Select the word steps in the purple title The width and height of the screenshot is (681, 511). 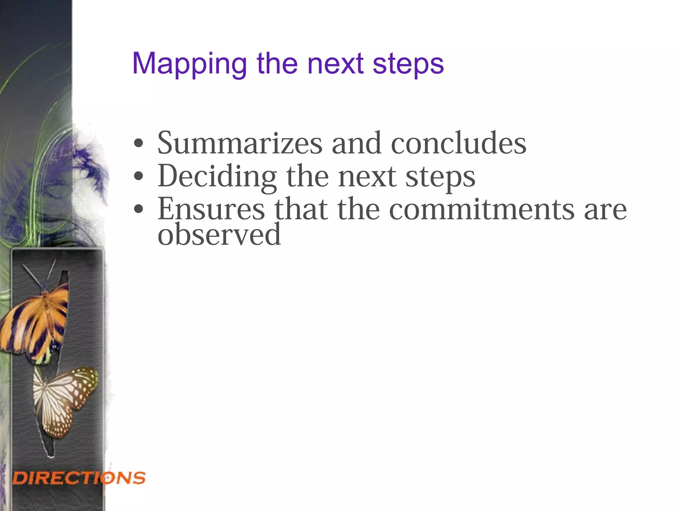pos(408,64)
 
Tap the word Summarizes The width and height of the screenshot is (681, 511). pos(240,143)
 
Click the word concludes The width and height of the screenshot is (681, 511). pos(459,143)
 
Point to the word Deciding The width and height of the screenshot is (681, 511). pos(217,177)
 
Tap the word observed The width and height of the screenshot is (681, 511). pos(219,235)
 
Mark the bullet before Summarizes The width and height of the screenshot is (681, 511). pos(138,144)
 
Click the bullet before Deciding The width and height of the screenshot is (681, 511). pos(138,177)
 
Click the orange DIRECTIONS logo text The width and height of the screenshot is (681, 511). pos(79,478)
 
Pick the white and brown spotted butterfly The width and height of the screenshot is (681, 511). pos(65,399)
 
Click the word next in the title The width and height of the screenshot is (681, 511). pos(335,64)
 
